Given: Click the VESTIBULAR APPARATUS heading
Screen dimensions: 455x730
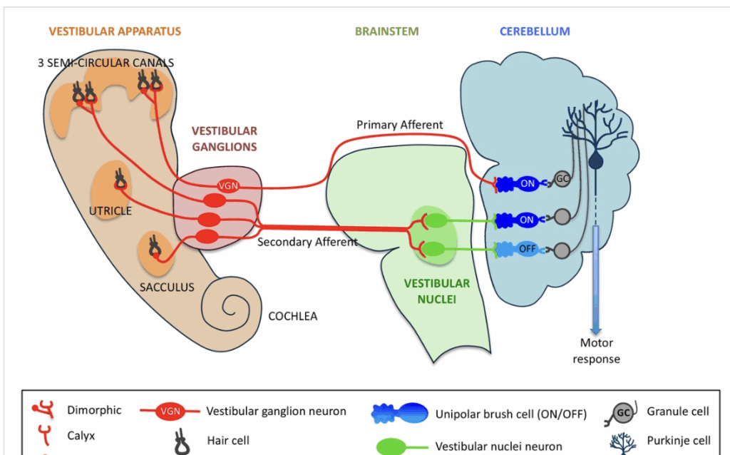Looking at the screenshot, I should [115, 31].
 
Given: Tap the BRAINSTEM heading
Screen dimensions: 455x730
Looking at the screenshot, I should [387, 31].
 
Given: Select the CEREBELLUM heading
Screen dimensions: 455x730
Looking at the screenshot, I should [535, 31].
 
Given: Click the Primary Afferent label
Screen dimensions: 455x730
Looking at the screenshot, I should [400, 125].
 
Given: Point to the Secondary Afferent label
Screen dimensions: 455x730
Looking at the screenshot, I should [307, 242].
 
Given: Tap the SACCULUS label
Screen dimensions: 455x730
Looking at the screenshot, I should [167, 287].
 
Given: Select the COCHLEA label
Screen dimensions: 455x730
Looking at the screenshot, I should [292, 315].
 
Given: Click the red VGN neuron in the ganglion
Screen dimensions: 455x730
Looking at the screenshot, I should [229, 186].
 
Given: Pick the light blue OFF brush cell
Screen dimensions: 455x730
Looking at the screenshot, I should [528, 249].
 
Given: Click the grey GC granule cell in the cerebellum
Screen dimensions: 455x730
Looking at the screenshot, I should [562, 178].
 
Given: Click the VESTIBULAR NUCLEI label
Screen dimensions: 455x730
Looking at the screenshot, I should [437, 292].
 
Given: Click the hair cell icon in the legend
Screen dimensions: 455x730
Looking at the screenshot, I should [181, 441].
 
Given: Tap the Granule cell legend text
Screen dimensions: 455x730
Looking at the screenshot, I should [678, 411].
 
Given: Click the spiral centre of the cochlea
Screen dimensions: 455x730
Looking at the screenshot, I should [230, 309].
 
